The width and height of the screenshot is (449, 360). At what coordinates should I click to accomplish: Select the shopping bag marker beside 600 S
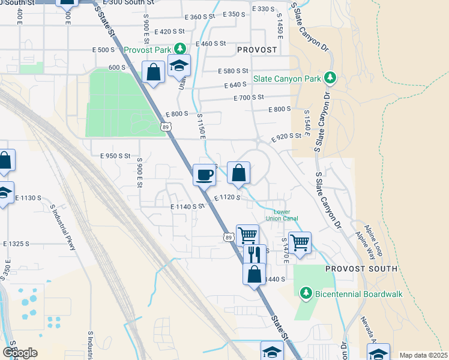(x=154, y=73)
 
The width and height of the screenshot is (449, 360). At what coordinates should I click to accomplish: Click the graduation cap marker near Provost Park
(x=178, y=66)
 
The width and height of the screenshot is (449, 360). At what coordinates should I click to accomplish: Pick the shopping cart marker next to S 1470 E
(x=299, y=243)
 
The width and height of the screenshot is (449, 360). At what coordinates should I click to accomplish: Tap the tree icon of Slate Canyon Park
(x=329, y=77)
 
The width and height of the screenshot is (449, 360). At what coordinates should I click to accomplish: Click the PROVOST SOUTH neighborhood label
(x=361, y=269)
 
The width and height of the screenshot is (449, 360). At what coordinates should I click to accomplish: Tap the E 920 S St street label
(x=286, y=137)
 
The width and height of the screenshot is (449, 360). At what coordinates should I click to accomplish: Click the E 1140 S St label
(x=188, y=206)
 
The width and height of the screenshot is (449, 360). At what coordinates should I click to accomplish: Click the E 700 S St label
(x=249, y=97)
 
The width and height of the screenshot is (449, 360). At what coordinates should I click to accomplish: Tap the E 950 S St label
(x=115, y=156)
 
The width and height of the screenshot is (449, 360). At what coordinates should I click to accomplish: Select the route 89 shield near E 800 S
(x=166, y=126)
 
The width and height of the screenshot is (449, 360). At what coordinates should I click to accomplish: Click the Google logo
(x=20, y=353)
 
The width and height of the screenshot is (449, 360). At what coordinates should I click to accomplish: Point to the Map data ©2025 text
(x=423, y=355)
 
